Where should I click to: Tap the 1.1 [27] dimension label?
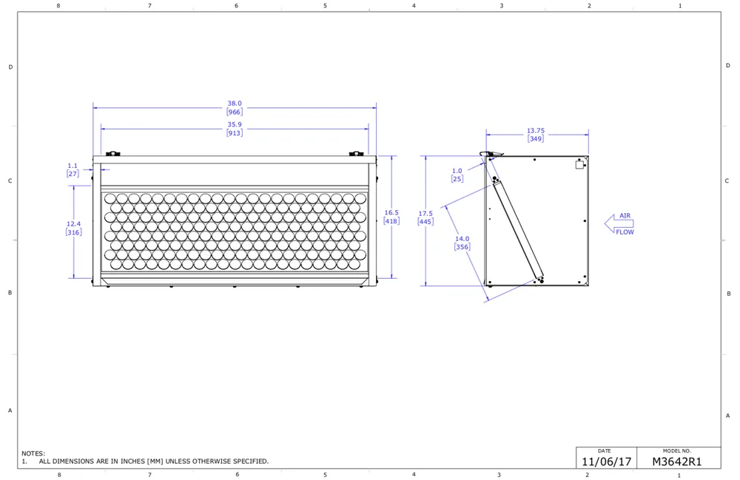click(x=73, y=170)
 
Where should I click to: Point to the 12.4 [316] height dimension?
click(x=73, y=229)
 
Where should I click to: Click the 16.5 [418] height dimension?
click(x=391, y=217)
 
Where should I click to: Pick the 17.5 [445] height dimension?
click(x=425, y=218)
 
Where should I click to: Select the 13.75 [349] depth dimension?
click(x=536, y=135)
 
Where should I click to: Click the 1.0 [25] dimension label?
click(x=457, y=175)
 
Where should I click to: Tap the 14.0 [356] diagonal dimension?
click(x=462, y=243)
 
